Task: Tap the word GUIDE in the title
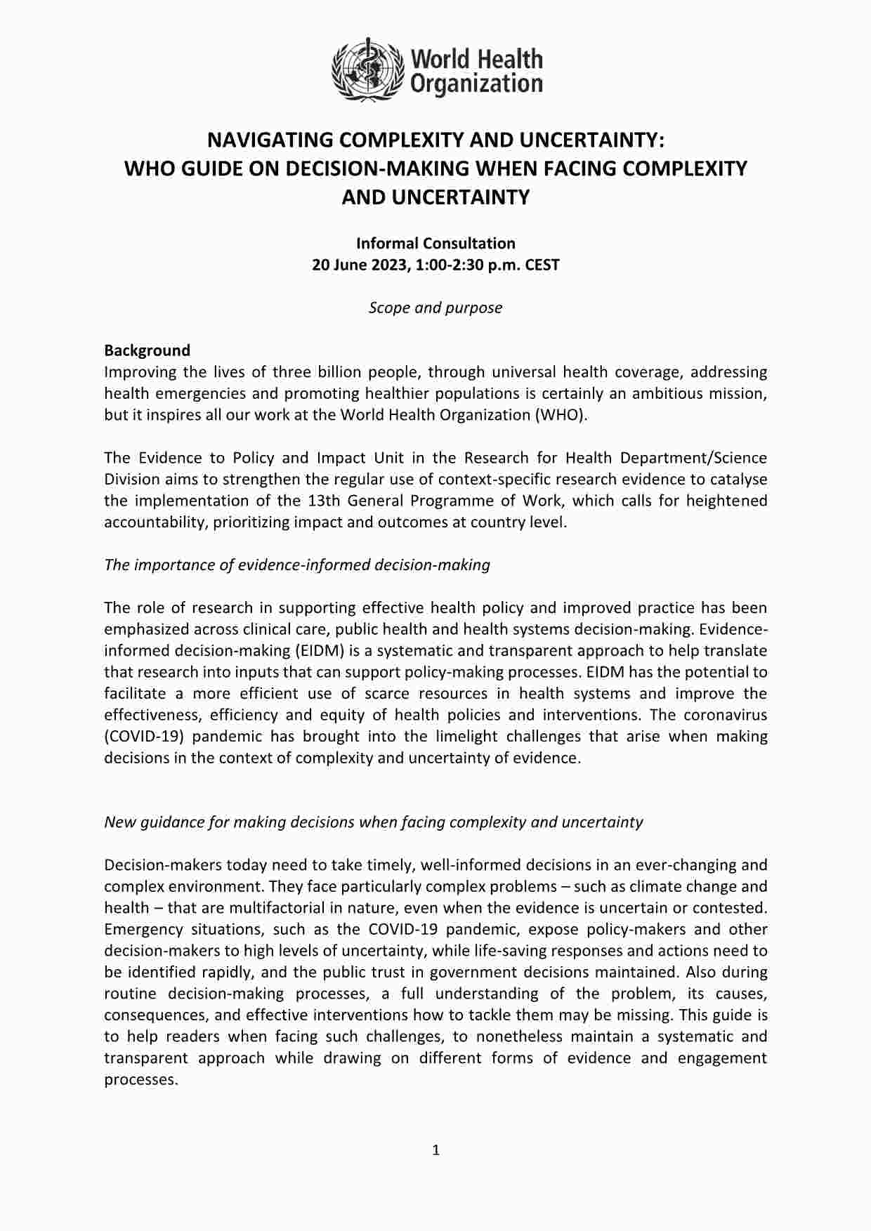click(206, 169)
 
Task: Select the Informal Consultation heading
click(435, 243)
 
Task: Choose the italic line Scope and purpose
click(435, 308)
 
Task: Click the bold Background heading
click(147, 350)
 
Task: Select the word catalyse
click(738, 479)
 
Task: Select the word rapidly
click(250, 972)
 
